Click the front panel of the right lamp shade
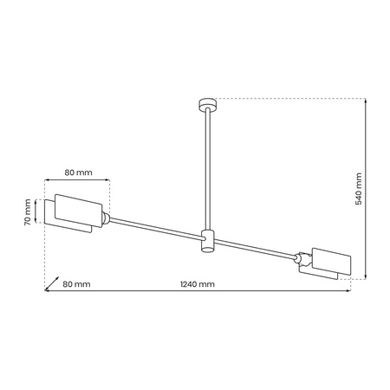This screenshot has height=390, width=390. [329, 262]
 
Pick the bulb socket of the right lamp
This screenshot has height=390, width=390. [302, 257]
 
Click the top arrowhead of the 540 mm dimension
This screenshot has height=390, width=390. [365, 101]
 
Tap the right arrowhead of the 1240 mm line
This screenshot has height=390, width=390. [349, 291]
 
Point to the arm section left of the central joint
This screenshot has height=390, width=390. [156, 227]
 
